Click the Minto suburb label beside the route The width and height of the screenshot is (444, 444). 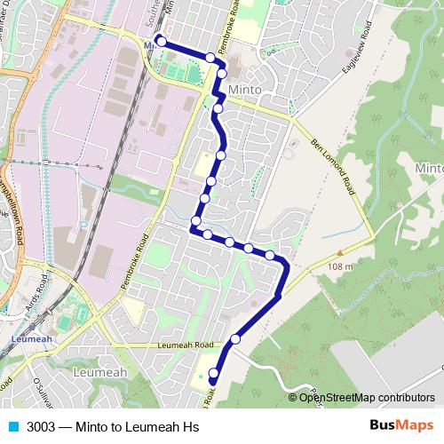pyautogui.click(x=244, y=91)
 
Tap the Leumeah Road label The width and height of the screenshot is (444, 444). pyautogui.click(x=186, y=345)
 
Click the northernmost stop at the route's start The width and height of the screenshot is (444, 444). pyautogui.click(x=160, y=39)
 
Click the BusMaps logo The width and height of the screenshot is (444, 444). pyautogui.click(x=398, y=424)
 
